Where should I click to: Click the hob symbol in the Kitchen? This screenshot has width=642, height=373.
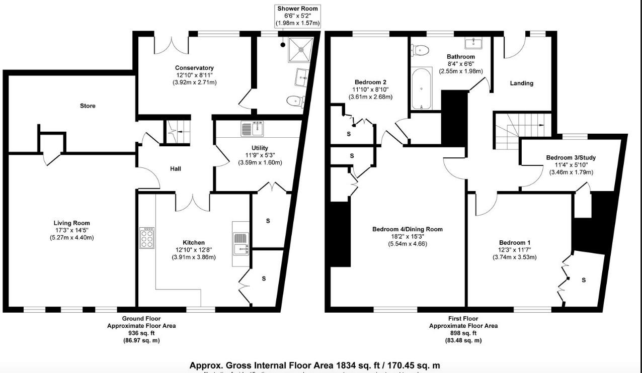tap(147, 238)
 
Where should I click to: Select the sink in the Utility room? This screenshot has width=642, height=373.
tap(253, 129)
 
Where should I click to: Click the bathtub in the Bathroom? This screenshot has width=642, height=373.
tap(421, 89)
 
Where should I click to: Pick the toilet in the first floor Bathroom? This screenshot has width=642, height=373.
tap(420, 49)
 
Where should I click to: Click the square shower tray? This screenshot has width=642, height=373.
tap(301, 49)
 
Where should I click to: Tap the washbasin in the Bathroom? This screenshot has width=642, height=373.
tap(474, 42)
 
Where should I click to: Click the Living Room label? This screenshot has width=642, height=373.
tap(71, 223)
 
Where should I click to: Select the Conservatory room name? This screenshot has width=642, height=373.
tap(194, 68)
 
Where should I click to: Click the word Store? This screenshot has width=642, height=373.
tap(88, 106)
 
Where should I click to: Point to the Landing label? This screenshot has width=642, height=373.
tap(521, 83)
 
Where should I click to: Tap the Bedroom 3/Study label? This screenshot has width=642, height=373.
tap(571, 158)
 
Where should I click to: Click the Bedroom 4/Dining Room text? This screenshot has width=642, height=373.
tap(408, 229)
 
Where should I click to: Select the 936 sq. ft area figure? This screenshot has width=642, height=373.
tap(141, 333)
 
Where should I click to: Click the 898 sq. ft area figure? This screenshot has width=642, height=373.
tap(463, 333)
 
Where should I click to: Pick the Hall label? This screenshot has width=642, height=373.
tap(175, 169)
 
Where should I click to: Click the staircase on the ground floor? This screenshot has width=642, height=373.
tap(179, 132)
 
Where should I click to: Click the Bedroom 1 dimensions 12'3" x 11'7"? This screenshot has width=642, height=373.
tap(514, 250)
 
